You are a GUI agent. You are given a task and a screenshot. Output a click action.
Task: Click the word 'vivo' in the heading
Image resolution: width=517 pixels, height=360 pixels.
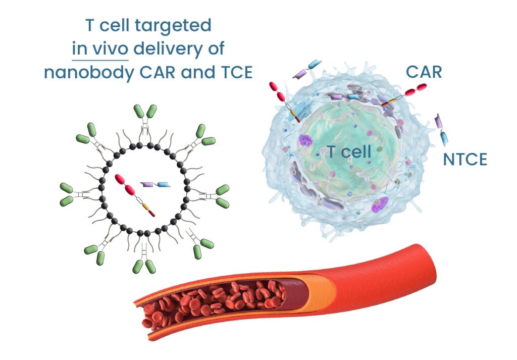point(113,49)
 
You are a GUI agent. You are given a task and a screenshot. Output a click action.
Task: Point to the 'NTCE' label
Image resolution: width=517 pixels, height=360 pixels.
point(465,160)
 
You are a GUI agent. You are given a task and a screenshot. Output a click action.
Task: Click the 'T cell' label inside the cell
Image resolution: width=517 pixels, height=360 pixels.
point(349,150)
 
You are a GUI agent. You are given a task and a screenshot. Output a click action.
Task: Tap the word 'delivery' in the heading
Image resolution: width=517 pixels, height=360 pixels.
point(165,49)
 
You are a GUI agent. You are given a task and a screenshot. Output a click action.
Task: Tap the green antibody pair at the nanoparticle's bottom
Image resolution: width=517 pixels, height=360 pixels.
point(144,263)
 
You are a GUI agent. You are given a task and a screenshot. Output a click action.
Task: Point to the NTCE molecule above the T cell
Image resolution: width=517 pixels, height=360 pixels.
point(307,70)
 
